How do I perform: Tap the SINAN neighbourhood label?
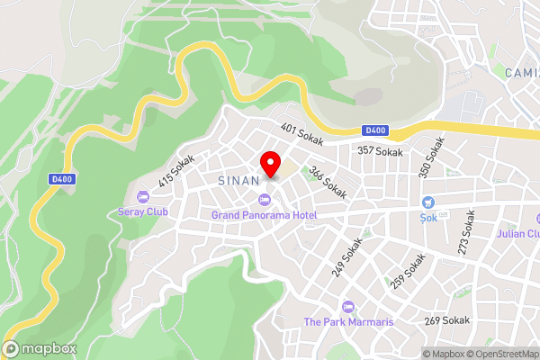239,180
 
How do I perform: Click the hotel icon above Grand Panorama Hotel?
264,200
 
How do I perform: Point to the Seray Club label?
143,212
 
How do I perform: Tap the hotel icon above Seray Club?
142,196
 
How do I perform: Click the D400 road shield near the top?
376,130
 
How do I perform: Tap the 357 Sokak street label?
380,152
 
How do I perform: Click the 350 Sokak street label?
431,156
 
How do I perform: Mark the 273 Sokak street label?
467,233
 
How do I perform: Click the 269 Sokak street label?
447,319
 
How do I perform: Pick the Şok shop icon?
428,202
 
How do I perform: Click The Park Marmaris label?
348,322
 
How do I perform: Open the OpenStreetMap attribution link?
499,354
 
